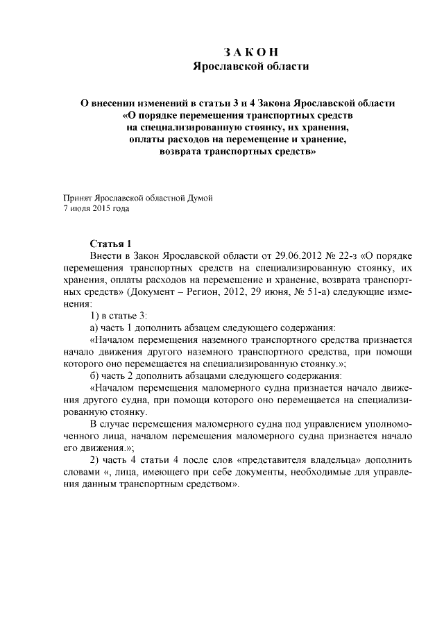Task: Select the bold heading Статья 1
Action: click(x=111, y=244)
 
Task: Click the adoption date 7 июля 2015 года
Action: click(x=96, y=207)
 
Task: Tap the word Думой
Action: click(x=198, y=196)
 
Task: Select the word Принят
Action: click(x=76, y=196)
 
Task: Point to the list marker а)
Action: click(x=96, y=328)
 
